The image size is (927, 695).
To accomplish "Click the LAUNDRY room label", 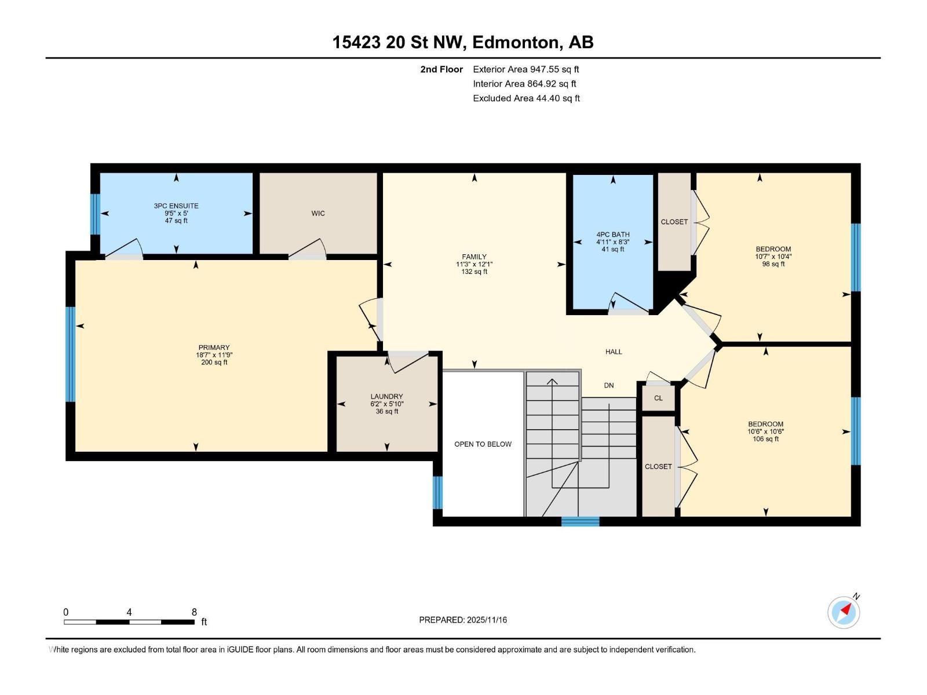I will pos(386,397).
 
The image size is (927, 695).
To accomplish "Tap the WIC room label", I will pos(318,213).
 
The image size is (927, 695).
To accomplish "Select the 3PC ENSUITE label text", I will pos(176,206).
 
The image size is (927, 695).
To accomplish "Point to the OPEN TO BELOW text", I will pos(483,444).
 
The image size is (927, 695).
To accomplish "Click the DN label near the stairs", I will pos(608,385).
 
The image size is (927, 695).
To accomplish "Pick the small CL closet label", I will pos(658,398).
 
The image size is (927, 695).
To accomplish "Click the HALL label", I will pos(614,352).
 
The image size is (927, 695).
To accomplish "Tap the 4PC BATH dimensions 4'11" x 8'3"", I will pos(613,242).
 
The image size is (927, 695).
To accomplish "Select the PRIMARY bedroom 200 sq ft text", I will pos(214,363).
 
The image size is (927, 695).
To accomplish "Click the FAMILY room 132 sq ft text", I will pos(474,272).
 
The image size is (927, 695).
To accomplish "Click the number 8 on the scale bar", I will pos(194,612).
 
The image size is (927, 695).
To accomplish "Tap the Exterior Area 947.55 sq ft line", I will pos(525,69).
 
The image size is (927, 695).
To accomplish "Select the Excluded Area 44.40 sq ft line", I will pos(526,98).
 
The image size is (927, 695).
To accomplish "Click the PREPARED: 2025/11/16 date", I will pos(463,620).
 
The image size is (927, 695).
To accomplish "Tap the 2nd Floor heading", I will pos(441,69).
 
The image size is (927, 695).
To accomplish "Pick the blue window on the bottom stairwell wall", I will pos(580,522).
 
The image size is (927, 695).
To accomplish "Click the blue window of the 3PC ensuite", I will pos(96,214).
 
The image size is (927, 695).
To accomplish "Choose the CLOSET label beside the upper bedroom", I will pos(674,222).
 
